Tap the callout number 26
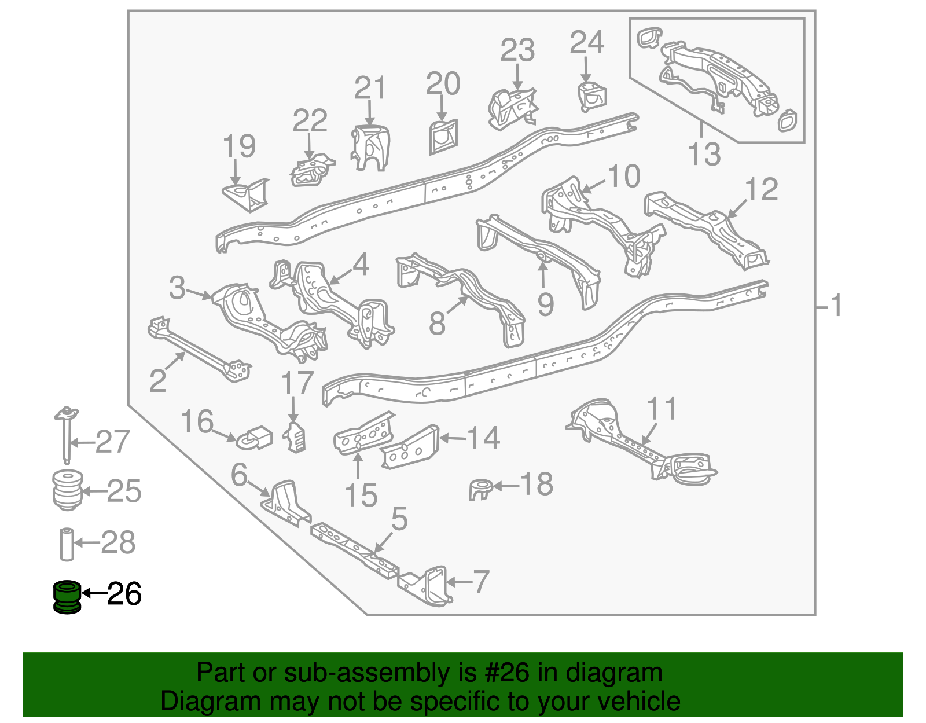124,593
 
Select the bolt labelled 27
67,435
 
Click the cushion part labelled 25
67,490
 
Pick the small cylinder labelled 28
67,544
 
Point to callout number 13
704,154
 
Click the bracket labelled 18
480,489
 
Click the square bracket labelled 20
443,137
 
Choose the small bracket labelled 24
592,97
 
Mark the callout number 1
836,306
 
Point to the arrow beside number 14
453,438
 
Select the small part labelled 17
295,436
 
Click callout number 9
546,304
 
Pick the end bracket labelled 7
425,586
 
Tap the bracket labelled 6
284,504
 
